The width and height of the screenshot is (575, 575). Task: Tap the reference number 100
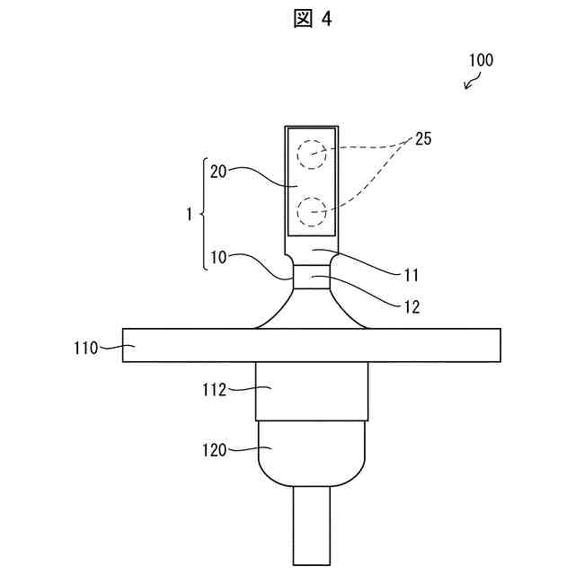[x=481, y=61]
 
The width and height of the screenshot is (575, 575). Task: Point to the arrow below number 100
[x=470, y=84]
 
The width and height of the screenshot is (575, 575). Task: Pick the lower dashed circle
[x=312, y=212]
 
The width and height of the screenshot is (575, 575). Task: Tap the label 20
[x=217, y=172]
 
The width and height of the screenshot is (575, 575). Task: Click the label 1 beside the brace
[x=188, y=215]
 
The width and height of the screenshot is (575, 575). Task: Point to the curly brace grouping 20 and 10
[x=200, y=215]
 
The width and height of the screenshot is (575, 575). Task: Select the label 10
[x=217, y=257]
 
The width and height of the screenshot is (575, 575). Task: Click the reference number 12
[x=411, y=306]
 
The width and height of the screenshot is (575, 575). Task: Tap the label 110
[x=86, y=346]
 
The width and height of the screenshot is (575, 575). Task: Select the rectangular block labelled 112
[x=311, y=392]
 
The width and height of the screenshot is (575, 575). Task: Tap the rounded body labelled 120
[x=311, y=454]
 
